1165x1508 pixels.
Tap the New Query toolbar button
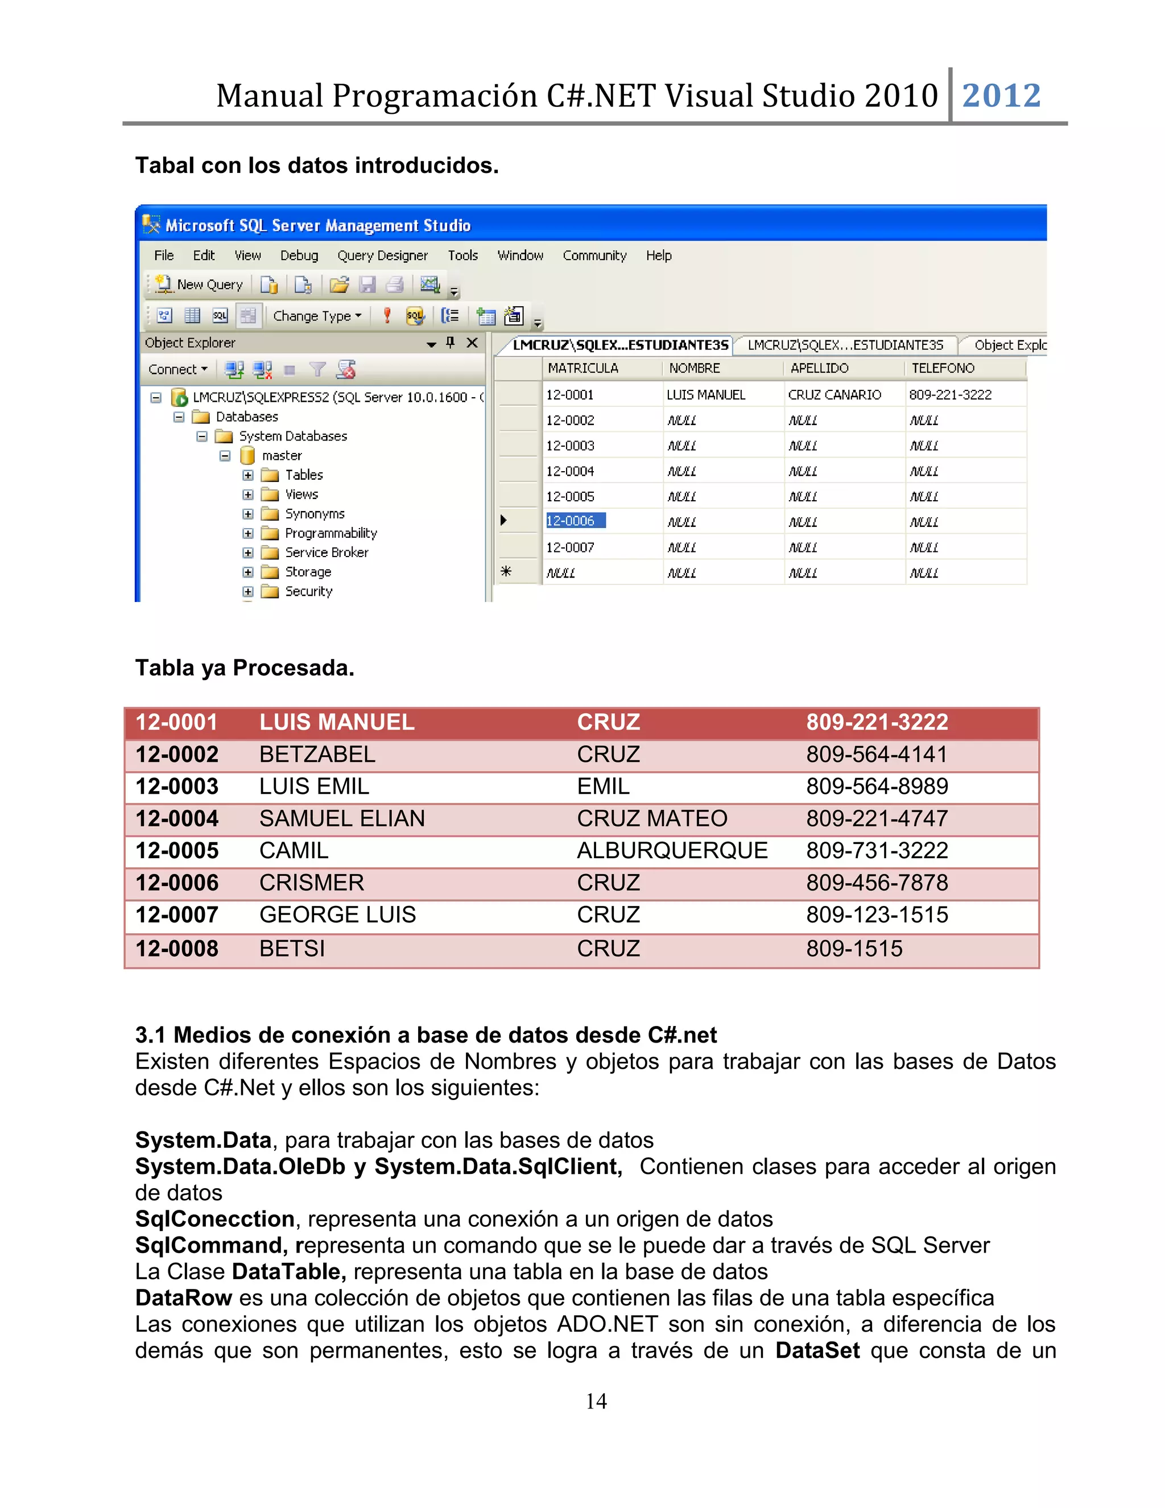[200, 285]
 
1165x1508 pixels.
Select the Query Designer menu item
[382, 256]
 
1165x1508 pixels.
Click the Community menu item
[594, 256]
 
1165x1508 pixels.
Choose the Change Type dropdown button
[317, 316]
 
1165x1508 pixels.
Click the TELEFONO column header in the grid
[943, 368]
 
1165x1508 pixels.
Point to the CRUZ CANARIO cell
[834, 395]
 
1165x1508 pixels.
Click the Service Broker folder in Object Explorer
[327, 553]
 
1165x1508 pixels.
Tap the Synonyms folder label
[315, 514]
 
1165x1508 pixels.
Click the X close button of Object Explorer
[472, 343]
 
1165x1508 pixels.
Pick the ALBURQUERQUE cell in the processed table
[672, 851]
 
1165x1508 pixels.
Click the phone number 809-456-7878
[877, 883]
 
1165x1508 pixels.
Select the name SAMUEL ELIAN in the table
[342, 819]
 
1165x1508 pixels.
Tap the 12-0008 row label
[177, 949]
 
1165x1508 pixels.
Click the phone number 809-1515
[854, 949]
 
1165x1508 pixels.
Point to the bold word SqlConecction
[214, 1219]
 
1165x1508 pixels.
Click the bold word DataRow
[184, 1298]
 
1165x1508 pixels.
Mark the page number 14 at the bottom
[596, 1401]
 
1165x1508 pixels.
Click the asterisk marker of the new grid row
[506, 572]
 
